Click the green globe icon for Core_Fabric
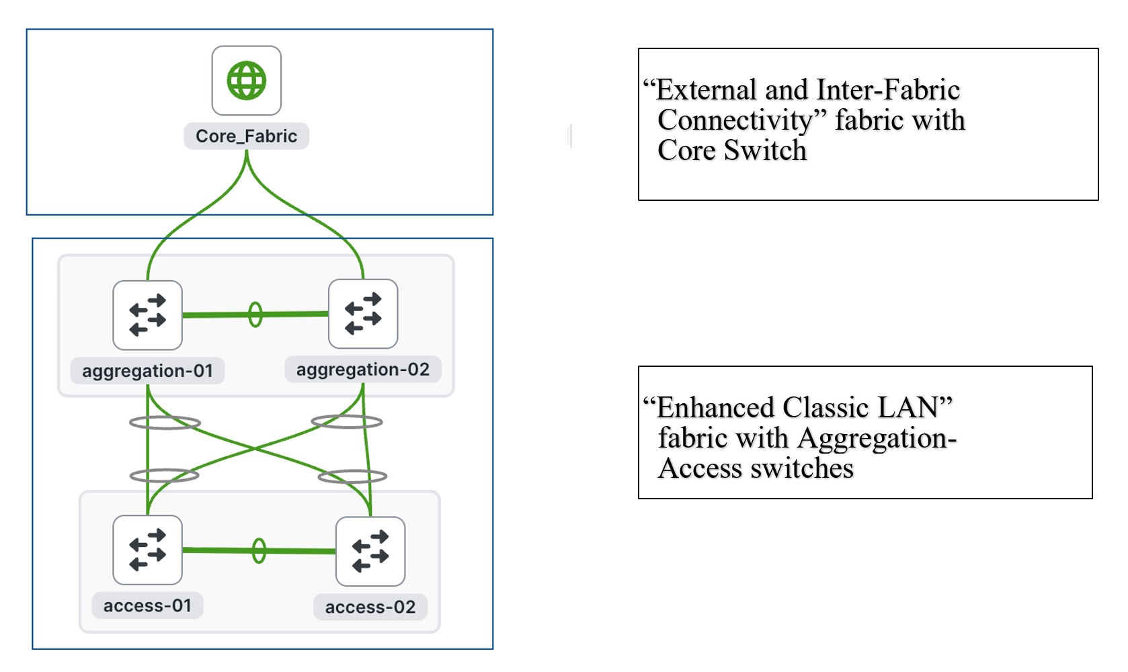[x=246, y=81]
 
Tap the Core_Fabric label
[x=246, y=136]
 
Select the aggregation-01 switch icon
[x=147, y=315]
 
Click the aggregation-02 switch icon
[x=362, y=314]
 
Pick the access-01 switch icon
[x=147, y=550]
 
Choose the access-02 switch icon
[x=370, y=551]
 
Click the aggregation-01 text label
[x=147, y=371]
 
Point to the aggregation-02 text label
[x=362, y=370]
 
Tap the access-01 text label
[x=147, y=605]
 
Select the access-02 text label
[x=370, y=607]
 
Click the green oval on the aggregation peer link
[x=255, y=314]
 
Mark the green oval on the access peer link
[x=259, y=550]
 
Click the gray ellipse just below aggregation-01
[x=165, y=423]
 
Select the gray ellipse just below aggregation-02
[x=347, y=422]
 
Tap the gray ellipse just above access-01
[x=164, y=475]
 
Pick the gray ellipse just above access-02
[x=352, y=476]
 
